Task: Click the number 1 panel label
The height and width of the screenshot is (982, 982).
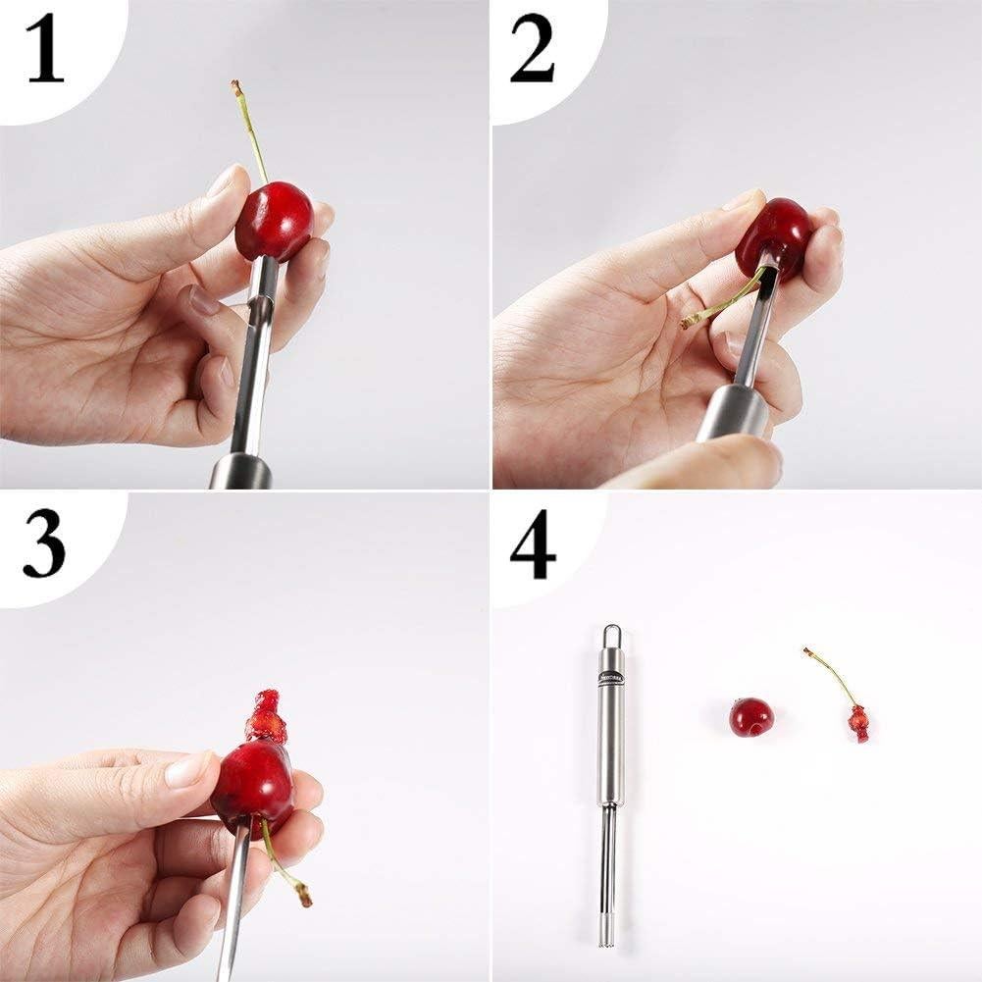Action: pyautogui.click(x=45, y=53)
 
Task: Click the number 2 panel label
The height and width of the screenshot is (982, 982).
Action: pyautogui.click(x=532, y=53)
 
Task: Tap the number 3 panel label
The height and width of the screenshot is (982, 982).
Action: pyautogui.click(x=44, y=547)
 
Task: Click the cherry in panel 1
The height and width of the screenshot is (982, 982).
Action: pyautogui.click(x=274, y=220)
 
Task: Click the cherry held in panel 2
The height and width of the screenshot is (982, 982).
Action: pyautogui.click(x=775, y=235)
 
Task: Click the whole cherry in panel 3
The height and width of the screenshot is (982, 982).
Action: pyautogui.click(x=252, y=785)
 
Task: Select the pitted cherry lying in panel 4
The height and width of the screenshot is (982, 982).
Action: pyautogui.click(x=751, y=717)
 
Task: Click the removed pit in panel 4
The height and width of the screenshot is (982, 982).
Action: pyautogui.click(x=859, y=723)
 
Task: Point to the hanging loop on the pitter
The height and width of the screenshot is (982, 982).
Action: pyautogui.click(x=611, y=633)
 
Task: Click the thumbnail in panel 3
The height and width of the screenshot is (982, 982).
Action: pyautogui.click(x=186, y=770)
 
